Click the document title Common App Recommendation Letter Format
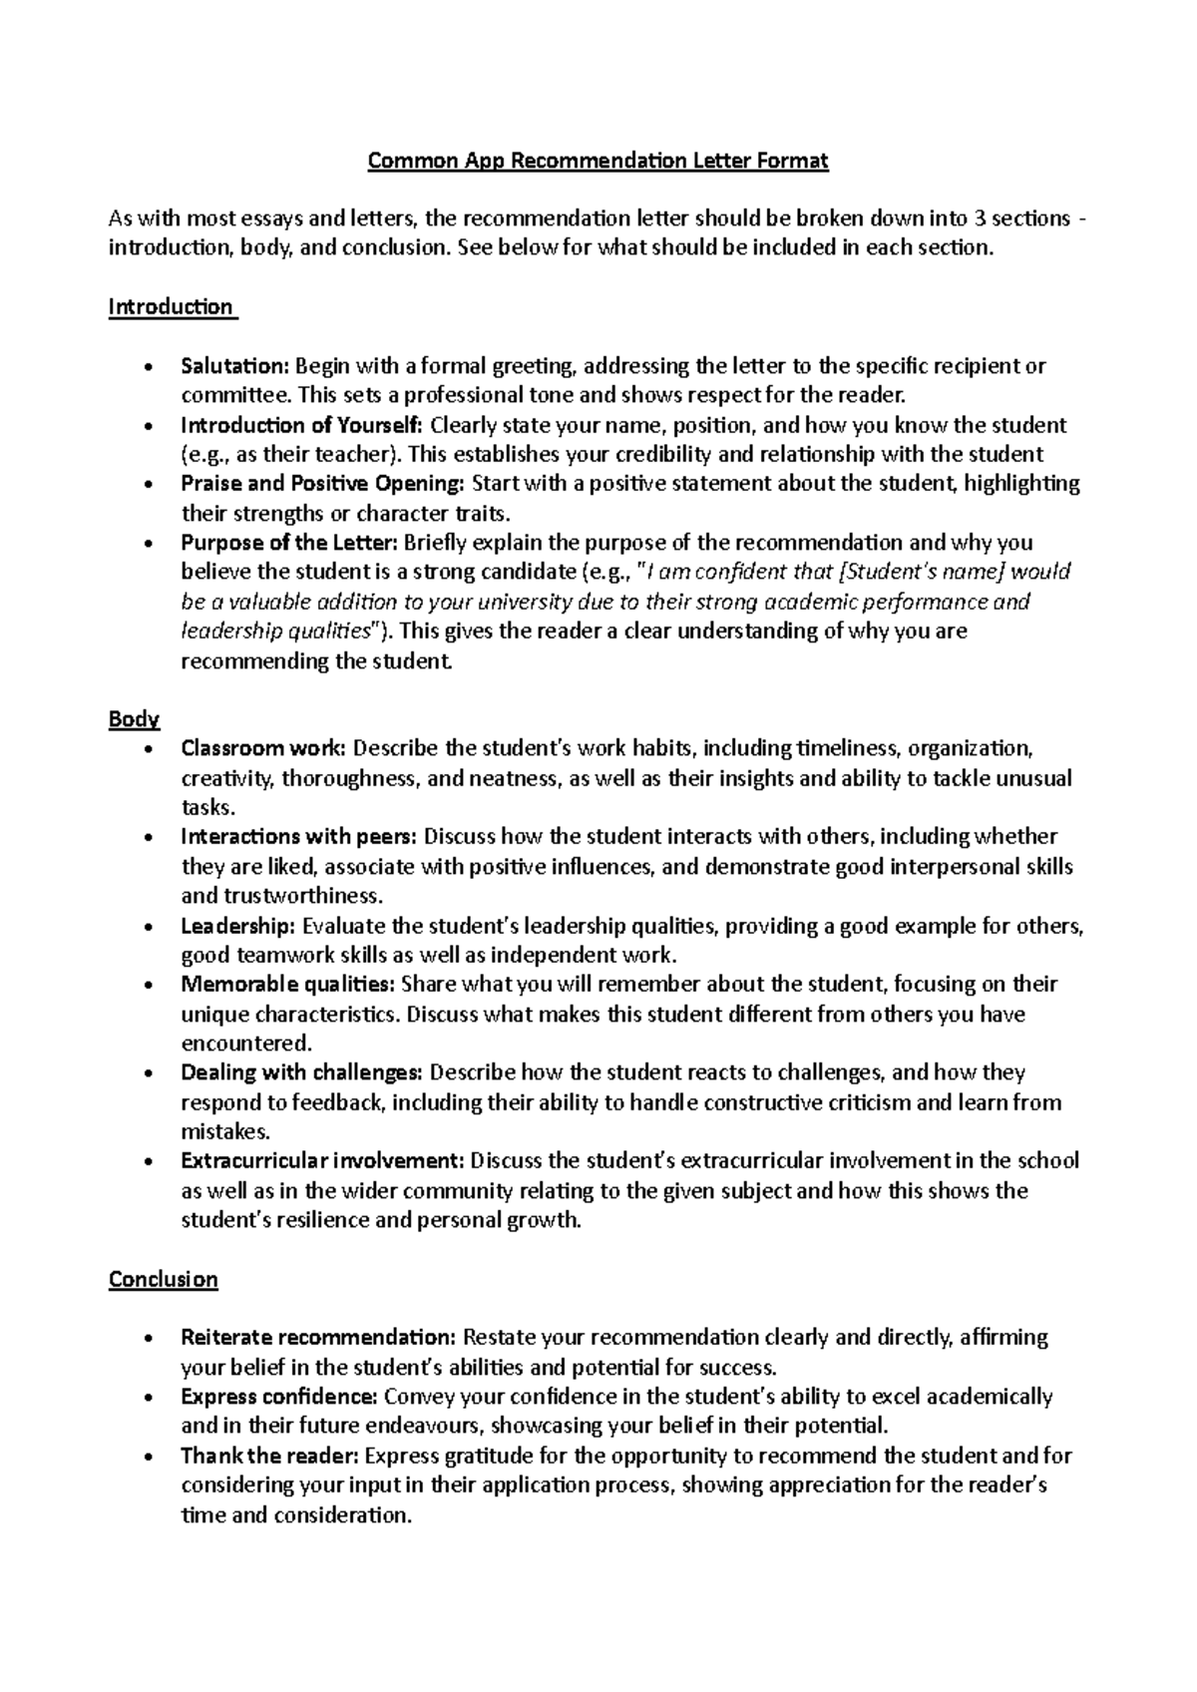598,161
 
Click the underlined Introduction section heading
171,306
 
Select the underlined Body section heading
134,719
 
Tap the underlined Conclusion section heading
163,1279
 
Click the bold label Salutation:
233,366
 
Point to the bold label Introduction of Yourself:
301,425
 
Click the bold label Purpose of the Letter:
289,543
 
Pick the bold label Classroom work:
263,748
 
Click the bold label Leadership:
237,926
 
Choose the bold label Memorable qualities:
287,985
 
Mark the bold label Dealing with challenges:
301,1073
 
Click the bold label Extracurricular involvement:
322,1161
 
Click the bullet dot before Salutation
149,368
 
